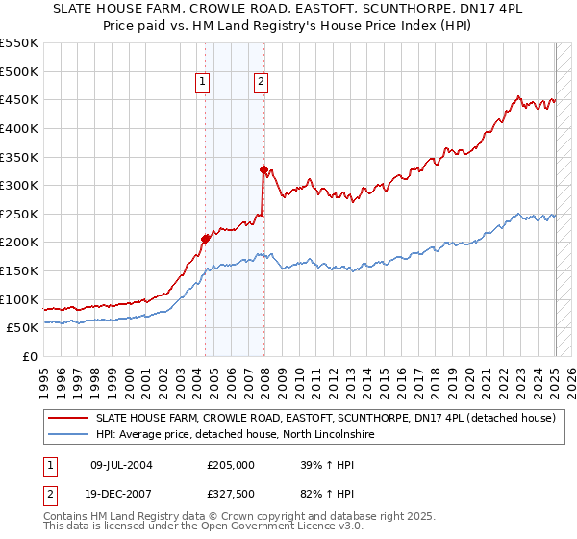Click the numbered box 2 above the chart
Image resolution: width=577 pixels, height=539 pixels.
(261, 83)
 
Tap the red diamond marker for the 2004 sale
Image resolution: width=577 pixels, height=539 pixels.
(205, 239)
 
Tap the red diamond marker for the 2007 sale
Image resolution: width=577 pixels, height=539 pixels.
(263, 169)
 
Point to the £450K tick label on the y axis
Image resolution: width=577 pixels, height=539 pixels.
(18, 100)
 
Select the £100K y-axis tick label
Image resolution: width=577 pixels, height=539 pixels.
(18, 299)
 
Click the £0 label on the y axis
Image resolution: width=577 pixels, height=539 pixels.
(29, 357)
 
